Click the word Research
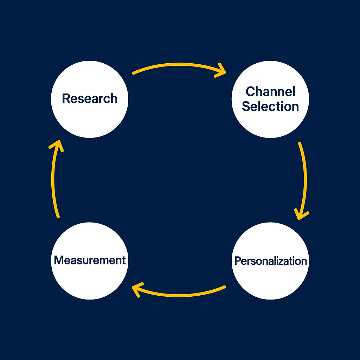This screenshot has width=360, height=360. (x=90, y=98)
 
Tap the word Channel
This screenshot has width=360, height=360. (x=270, y=91)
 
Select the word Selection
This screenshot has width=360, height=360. (x=270, y=106)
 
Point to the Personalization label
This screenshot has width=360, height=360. (x=270, y=261)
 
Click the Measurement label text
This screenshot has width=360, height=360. (x=90, y=260)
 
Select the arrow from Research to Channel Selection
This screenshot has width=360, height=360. (x=176, y=65)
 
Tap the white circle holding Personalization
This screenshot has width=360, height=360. (x=270, y=281)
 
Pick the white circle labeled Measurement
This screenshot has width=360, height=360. (x=90, y=281)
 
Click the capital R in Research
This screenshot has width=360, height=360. (x=66, y=98)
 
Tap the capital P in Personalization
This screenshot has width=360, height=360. (x=238, y=261)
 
